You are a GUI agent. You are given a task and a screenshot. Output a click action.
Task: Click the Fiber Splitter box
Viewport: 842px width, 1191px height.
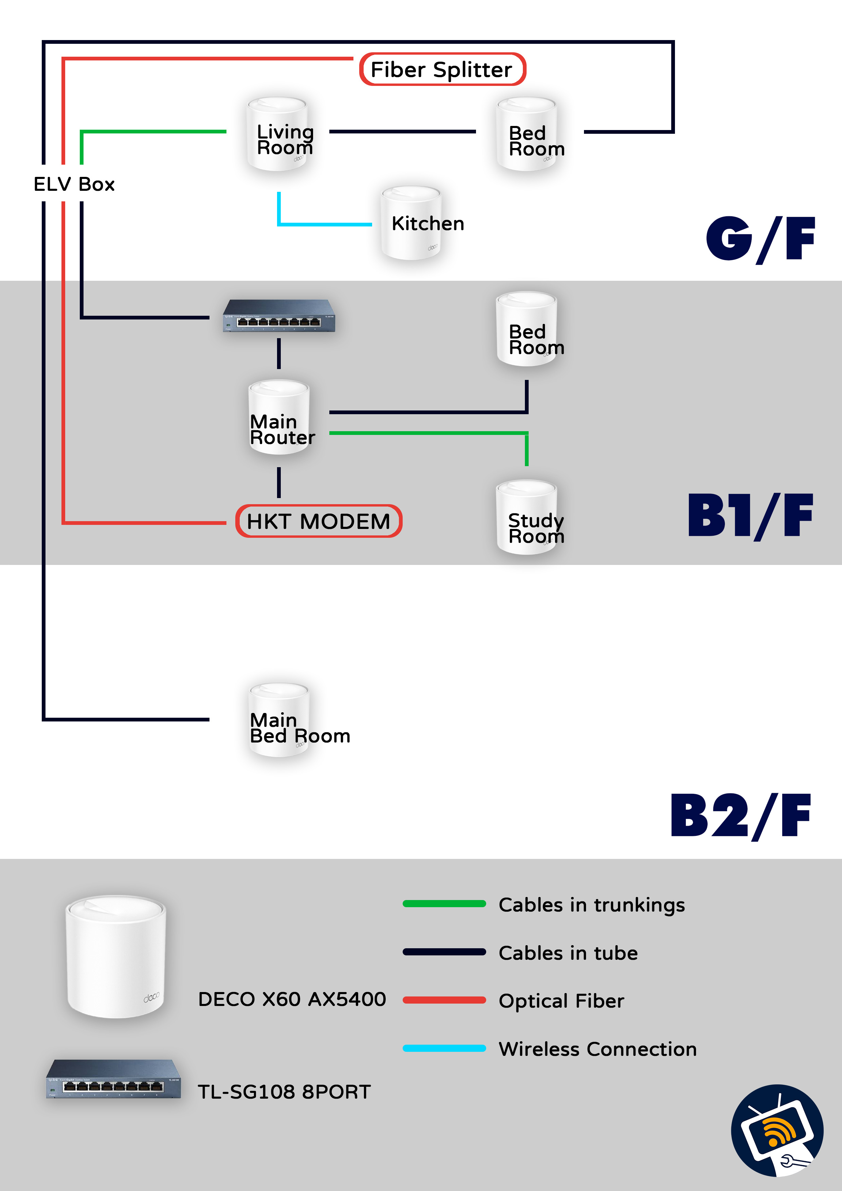[x=442, y=70]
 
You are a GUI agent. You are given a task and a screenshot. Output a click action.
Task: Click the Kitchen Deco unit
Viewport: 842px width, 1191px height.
[x=411, y=223]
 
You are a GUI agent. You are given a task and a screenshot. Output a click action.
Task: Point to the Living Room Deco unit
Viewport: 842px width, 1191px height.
[x=277, y=134]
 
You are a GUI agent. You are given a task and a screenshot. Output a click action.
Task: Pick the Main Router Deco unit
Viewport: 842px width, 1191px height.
[x=279, y=418]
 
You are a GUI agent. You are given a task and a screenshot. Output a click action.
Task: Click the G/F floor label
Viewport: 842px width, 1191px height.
[x=760, y=239]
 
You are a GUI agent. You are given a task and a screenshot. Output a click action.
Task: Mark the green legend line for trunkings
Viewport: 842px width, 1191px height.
[x=444, y=904]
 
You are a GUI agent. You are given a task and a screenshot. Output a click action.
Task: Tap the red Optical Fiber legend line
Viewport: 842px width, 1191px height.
[x=444, y=1000]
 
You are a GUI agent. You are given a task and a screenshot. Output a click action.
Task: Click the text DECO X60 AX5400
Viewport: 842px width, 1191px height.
[x=292, y=999]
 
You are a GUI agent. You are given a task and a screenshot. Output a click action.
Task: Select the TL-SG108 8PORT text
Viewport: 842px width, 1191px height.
[x=284, y=1092]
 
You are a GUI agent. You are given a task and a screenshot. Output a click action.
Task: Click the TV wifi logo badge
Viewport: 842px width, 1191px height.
[x=776, y=1131]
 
